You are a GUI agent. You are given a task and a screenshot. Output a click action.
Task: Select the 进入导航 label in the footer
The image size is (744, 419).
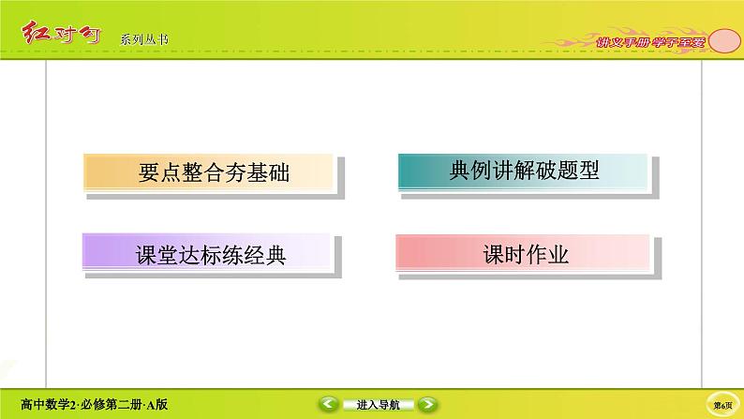point(379,405)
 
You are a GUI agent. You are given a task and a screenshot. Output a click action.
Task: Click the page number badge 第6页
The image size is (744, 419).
point(722,404)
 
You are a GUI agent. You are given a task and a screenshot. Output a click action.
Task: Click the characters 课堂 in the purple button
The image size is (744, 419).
point(149,255)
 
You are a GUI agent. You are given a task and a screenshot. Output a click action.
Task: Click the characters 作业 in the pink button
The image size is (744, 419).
point(545,254)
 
